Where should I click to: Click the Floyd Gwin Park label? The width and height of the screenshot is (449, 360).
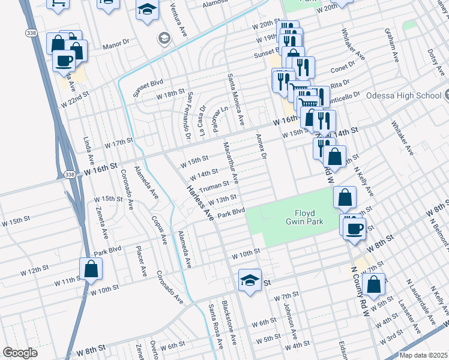coord(309,217)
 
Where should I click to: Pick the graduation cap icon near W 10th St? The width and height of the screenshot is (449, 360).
coord(249,280)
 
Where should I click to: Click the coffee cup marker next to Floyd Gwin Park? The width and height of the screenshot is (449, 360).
coord(355,227)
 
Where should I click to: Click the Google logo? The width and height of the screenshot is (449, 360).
coord(20,352)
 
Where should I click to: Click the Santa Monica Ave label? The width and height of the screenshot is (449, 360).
coord(235,100)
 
